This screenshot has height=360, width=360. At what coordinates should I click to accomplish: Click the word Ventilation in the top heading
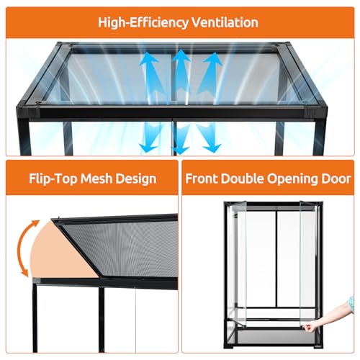point(225,22)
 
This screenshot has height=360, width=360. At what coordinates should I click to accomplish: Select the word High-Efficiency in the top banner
point(143,23)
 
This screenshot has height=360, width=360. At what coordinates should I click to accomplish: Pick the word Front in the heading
point(202,179)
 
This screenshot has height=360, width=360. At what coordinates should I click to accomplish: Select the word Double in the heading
point(243,179)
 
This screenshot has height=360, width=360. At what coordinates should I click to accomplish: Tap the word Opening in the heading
point(293,179)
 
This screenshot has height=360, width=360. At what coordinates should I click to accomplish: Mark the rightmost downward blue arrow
point(208,138)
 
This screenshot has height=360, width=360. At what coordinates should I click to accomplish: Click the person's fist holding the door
point(310,327)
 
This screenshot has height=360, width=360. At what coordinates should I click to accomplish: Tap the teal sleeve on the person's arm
point(351,304)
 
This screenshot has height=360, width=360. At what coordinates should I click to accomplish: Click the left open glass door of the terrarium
point(237,264)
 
